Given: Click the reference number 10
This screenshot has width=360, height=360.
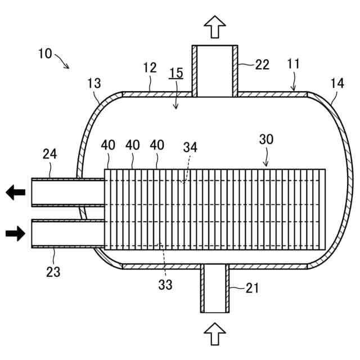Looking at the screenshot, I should pos(46,54).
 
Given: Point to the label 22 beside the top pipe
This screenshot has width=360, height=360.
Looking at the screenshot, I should pos(262,65).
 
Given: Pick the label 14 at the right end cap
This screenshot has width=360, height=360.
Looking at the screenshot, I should pos(337,84).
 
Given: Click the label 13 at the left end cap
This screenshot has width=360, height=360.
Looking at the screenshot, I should pos(94,84).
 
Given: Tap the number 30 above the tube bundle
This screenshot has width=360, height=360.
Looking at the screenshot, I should pos(266,139).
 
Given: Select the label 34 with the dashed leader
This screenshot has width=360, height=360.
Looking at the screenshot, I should pos(191,147).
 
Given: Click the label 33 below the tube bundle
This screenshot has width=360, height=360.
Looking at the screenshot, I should pos(165,285).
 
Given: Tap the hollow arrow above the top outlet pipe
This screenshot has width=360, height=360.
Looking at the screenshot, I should pos(214,26).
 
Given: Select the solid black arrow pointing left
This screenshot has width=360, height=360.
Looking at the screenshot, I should pos(15,193).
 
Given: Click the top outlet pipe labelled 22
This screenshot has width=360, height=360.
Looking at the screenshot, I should pos(214,70).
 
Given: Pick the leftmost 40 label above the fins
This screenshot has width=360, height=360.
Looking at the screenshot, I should pos(108,145).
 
